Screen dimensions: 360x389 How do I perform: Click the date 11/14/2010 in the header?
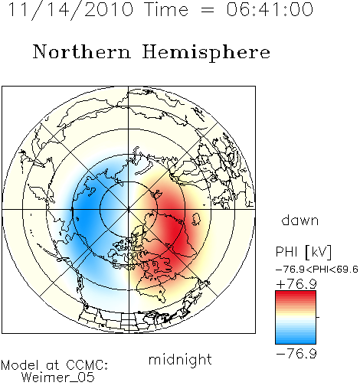coord(70,10)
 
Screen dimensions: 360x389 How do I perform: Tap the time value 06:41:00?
coord(270,9)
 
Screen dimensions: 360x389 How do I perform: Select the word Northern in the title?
coord(82,51)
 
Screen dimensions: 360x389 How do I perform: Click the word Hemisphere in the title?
coord(206,53)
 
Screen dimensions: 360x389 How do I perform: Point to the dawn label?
coord(299,220)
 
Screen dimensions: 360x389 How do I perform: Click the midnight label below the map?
coord(180,359)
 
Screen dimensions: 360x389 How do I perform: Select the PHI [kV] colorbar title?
coord(303,252)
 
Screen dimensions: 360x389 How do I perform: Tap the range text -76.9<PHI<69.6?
coord(317,270)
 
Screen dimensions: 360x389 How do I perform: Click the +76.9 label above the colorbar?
coord(296,284)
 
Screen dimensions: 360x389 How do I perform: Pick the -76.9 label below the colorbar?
coord(296,354)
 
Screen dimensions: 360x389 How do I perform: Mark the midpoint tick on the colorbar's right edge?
coord(318,317)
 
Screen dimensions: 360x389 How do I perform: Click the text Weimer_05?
coord(58,378)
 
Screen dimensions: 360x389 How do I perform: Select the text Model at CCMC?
coord(54,365)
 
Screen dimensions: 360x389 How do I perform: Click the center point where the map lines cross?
coord(129,210)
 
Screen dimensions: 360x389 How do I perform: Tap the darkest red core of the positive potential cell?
coord(176,235)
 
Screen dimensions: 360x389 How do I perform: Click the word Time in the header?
coord(166,9)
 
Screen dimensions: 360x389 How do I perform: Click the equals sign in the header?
coord(207,10)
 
